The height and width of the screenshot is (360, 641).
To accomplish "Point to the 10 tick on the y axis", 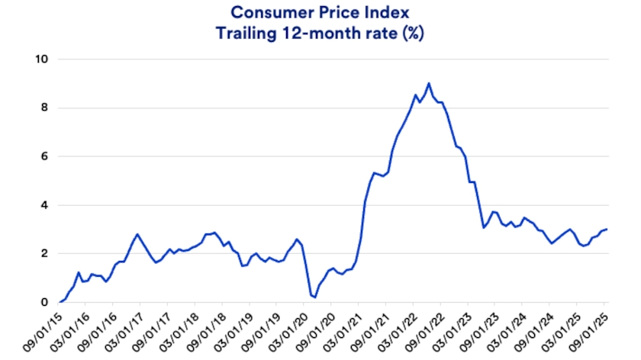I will [x=42, y=59].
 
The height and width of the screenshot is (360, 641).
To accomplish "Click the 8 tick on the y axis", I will [x=44, y=108].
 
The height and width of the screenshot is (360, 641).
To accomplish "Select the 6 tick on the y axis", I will [x=44, y=156].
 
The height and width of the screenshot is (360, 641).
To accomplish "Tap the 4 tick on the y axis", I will [x=44, y=205].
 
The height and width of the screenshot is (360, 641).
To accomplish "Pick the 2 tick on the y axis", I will [x=44, y=254].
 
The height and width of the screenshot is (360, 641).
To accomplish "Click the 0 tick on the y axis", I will [x=44, y=303].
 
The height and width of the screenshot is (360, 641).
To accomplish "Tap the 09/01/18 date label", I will [x=211, y=329].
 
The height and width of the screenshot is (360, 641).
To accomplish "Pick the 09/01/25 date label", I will [x=593, y=329].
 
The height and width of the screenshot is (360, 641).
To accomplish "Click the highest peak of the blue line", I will [x=429, y=83].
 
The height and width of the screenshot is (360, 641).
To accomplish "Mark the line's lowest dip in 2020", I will [x=314, y=297].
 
